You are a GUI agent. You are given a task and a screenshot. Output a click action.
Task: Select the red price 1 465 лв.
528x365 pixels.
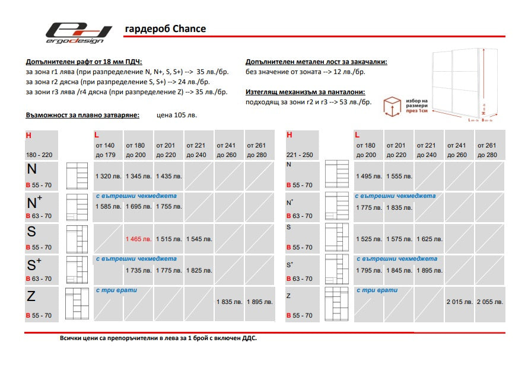click(138, 239)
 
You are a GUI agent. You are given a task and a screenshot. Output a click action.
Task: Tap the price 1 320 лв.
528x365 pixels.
click(108, 176)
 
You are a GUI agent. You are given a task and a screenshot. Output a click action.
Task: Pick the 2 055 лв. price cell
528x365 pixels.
click(490, 302)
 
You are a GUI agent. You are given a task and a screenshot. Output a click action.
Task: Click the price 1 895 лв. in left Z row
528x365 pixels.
click(259, 302)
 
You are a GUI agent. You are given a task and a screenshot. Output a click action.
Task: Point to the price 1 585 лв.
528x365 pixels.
click(108, 206)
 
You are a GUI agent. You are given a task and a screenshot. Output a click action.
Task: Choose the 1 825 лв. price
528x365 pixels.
click(199, 270)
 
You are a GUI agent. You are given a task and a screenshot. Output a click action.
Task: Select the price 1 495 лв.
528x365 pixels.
click(368, 176)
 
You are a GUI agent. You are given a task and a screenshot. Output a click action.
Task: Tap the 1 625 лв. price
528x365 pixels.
click(429, 239)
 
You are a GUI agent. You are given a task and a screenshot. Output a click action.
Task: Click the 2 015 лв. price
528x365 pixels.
click(460, 302)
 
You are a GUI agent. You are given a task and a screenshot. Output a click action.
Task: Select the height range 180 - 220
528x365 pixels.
click(39, 155)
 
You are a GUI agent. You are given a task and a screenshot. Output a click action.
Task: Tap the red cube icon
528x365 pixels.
click(392, 107)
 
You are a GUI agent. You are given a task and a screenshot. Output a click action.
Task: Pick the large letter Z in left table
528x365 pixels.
click(32, 295)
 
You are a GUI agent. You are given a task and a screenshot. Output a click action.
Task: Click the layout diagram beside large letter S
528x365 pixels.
click(77, 239)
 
